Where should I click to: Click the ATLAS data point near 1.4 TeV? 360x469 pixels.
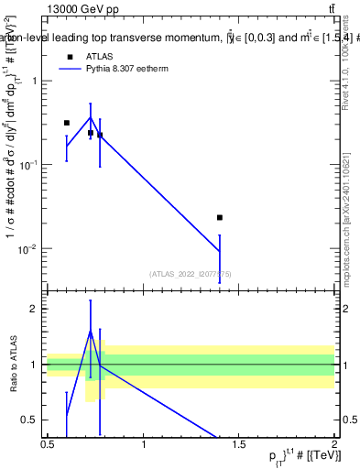tap(220, 217)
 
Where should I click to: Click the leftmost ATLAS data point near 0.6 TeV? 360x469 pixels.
tap(66, 123)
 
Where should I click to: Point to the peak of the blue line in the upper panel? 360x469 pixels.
tap(90, 116)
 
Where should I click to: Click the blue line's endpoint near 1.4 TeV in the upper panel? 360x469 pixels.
tap(220, 251)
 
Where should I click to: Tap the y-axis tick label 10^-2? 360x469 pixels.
tap(29, 249)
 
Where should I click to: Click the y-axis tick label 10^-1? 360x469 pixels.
tap(29, 165)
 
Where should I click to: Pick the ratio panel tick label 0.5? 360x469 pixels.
tap(31, 420)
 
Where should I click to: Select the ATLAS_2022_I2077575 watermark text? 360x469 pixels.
tap(191, 273)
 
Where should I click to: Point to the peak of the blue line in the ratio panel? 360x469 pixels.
tap(90, 330)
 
